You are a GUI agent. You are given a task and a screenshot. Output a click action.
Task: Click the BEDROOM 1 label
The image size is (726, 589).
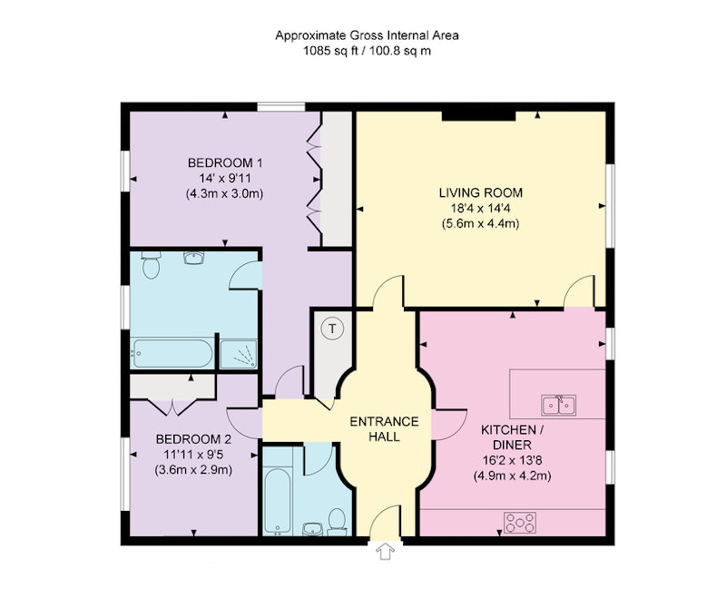(x=225, y=163)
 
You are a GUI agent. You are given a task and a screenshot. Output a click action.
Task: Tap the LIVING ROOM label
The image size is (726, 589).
(x=481, y=192)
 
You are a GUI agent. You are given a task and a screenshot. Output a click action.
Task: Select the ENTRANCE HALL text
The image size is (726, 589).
(x=384, y=428)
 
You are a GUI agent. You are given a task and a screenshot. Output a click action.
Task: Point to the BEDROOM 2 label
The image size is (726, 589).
(x=193, y=439)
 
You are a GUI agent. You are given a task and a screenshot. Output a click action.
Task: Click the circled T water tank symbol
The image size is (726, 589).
(x=331, y=329)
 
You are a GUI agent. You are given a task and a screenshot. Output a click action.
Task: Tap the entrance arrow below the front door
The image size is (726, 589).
(x=385, y=552)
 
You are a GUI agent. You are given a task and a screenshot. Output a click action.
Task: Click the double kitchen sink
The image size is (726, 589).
(x=559, y=405)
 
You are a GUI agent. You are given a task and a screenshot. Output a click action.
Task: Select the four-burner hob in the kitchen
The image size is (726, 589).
(x=519, y=523)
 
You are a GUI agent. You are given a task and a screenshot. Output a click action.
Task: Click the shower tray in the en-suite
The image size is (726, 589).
(x=238, y=354)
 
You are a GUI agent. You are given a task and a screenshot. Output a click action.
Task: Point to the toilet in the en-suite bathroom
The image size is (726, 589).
(x=151, y=264)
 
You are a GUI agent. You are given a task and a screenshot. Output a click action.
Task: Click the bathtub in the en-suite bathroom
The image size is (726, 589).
(x=172, y=354)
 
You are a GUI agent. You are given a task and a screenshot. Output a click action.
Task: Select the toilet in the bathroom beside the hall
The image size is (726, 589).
(x=337, y=523)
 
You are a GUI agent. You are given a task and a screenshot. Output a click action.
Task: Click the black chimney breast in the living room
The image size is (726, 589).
(x=478, y=116)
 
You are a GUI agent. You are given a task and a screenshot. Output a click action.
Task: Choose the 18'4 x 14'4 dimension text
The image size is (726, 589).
(x=481, y=209)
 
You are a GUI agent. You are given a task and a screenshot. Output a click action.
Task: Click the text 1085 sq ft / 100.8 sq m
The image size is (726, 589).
(x=367, y=51)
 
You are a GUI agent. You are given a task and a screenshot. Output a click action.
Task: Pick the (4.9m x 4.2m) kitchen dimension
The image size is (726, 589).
(x=512, y=476)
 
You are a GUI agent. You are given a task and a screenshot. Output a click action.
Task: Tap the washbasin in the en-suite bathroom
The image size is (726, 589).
(x=193, y=257)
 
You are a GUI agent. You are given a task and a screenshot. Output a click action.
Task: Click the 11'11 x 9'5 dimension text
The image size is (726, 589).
(x=193, y=455)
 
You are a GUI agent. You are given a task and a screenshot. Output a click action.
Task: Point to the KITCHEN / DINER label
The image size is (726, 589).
(x=512, y=437)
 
